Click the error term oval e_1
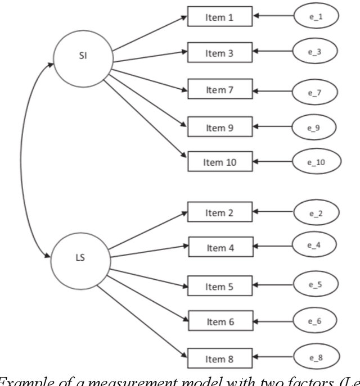pyautogui.click(x=315, y=17)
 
